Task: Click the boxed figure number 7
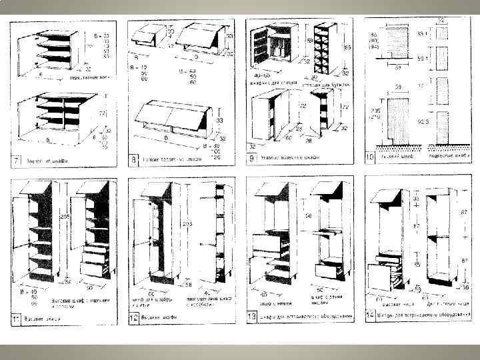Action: [14, 161]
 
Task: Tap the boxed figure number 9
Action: [251, 159]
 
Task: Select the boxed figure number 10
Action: [370, 157]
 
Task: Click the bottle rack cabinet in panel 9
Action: [323, 47]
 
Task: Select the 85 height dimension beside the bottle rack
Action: [347, 48]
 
